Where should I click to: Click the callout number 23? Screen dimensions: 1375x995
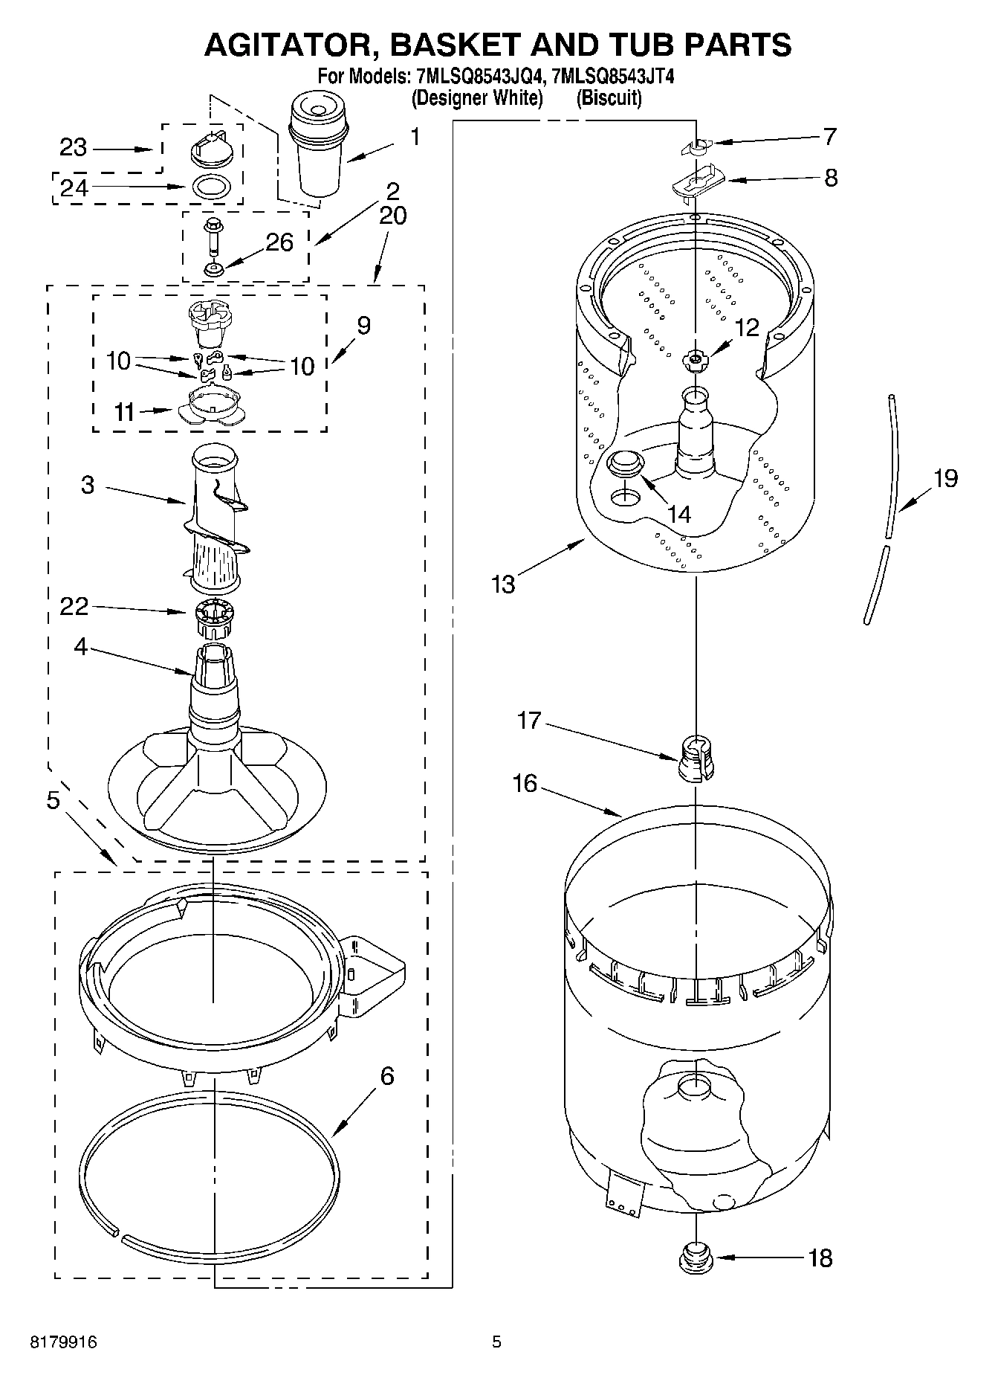coord(73,148)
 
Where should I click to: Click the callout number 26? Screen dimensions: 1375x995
coord(279,242)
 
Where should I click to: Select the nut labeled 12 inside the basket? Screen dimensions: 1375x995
coord(695,359)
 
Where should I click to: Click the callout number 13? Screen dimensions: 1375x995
coord(503,585)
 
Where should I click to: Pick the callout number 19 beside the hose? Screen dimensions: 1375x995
coord(945,478)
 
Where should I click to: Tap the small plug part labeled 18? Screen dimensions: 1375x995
coord(696,1258)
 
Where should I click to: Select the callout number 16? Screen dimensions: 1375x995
coord(525,783)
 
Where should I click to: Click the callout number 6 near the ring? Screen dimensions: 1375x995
coord(386,1076)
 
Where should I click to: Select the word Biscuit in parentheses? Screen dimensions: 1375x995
coord(609,97)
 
